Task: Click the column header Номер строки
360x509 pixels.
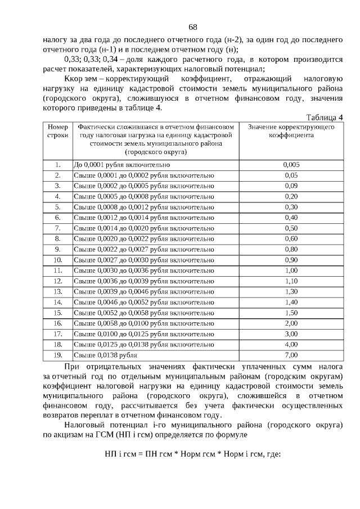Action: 57,131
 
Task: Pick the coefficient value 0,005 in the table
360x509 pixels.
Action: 291,165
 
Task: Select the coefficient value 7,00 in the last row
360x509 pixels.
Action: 291,355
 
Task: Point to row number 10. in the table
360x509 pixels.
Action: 57,260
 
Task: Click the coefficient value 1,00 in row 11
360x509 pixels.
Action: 291,271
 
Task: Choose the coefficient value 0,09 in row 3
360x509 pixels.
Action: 291,186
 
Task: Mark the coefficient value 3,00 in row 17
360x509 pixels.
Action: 291,334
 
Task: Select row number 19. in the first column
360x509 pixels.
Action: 57,355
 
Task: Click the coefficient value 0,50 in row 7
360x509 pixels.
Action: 291,228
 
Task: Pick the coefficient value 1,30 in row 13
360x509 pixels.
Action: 291,291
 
